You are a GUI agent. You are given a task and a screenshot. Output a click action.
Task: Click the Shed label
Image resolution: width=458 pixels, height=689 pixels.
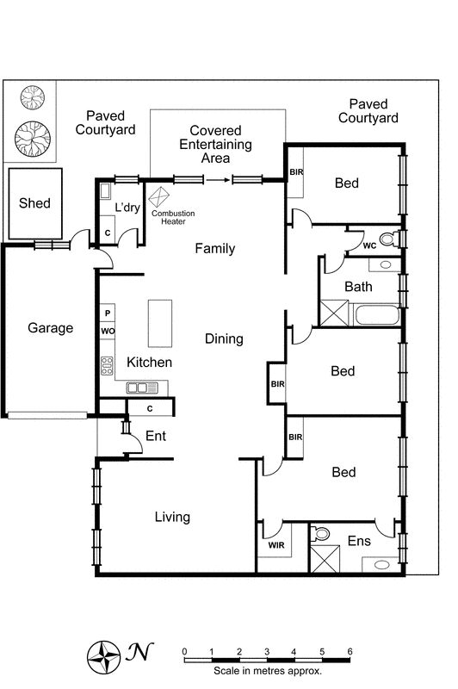(x=34, y=204)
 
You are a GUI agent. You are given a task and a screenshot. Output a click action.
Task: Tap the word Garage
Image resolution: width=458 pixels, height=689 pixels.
(x=50, y=328)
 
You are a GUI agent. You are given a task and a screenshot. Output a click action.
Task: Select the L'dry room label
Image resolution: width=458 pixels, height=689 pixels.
(x=129, y=208)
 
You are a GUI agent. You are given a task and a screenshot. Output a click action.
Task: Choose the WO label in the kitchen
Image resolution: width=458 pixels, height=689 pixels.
(x=108, y=331)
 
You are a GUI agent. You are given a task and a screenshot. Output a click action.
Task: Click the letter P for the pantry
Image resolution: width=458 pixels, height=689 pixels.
(x=108, y=314)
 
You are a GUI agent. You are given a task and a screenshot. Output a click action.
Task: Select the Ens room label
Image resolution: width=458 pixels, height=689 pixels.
(x=358, y=541)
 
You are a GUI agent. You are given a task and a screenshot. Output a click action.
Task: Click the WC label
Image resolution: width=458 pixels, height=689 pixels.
(x=369, y=245)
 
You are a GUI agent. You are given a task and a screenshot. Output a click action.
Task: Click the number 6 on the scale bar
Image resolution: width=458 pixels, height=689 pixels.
(x=350, y=651)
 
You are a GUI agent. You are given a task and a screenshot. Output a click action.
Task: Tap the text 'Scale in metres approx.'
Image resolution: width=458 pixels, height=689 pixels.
(x=268, y=670)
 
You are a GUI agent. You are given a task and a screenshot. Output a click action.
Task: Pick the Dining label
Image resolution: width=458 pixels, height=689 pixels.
(x=223, y=339)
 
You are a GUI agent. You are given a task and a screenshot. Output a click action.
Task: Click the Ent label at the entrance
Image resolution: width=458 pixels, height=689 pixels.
(x=155, y=436)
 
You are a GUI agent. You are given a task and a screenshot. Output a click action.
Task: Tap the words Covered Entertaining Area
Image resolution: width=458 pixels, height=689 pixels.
(x=215, y=145)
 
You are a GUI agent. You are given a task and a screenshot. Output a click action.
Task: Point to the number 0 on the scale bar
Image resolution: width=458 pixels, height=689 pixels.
(x=184, y=651)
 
